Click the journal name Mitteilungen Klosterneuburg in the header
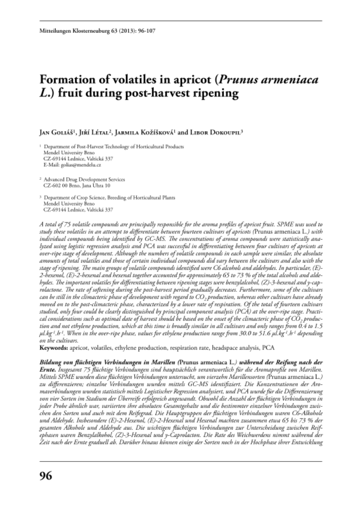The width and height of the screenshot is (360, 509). coord(70,31)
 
